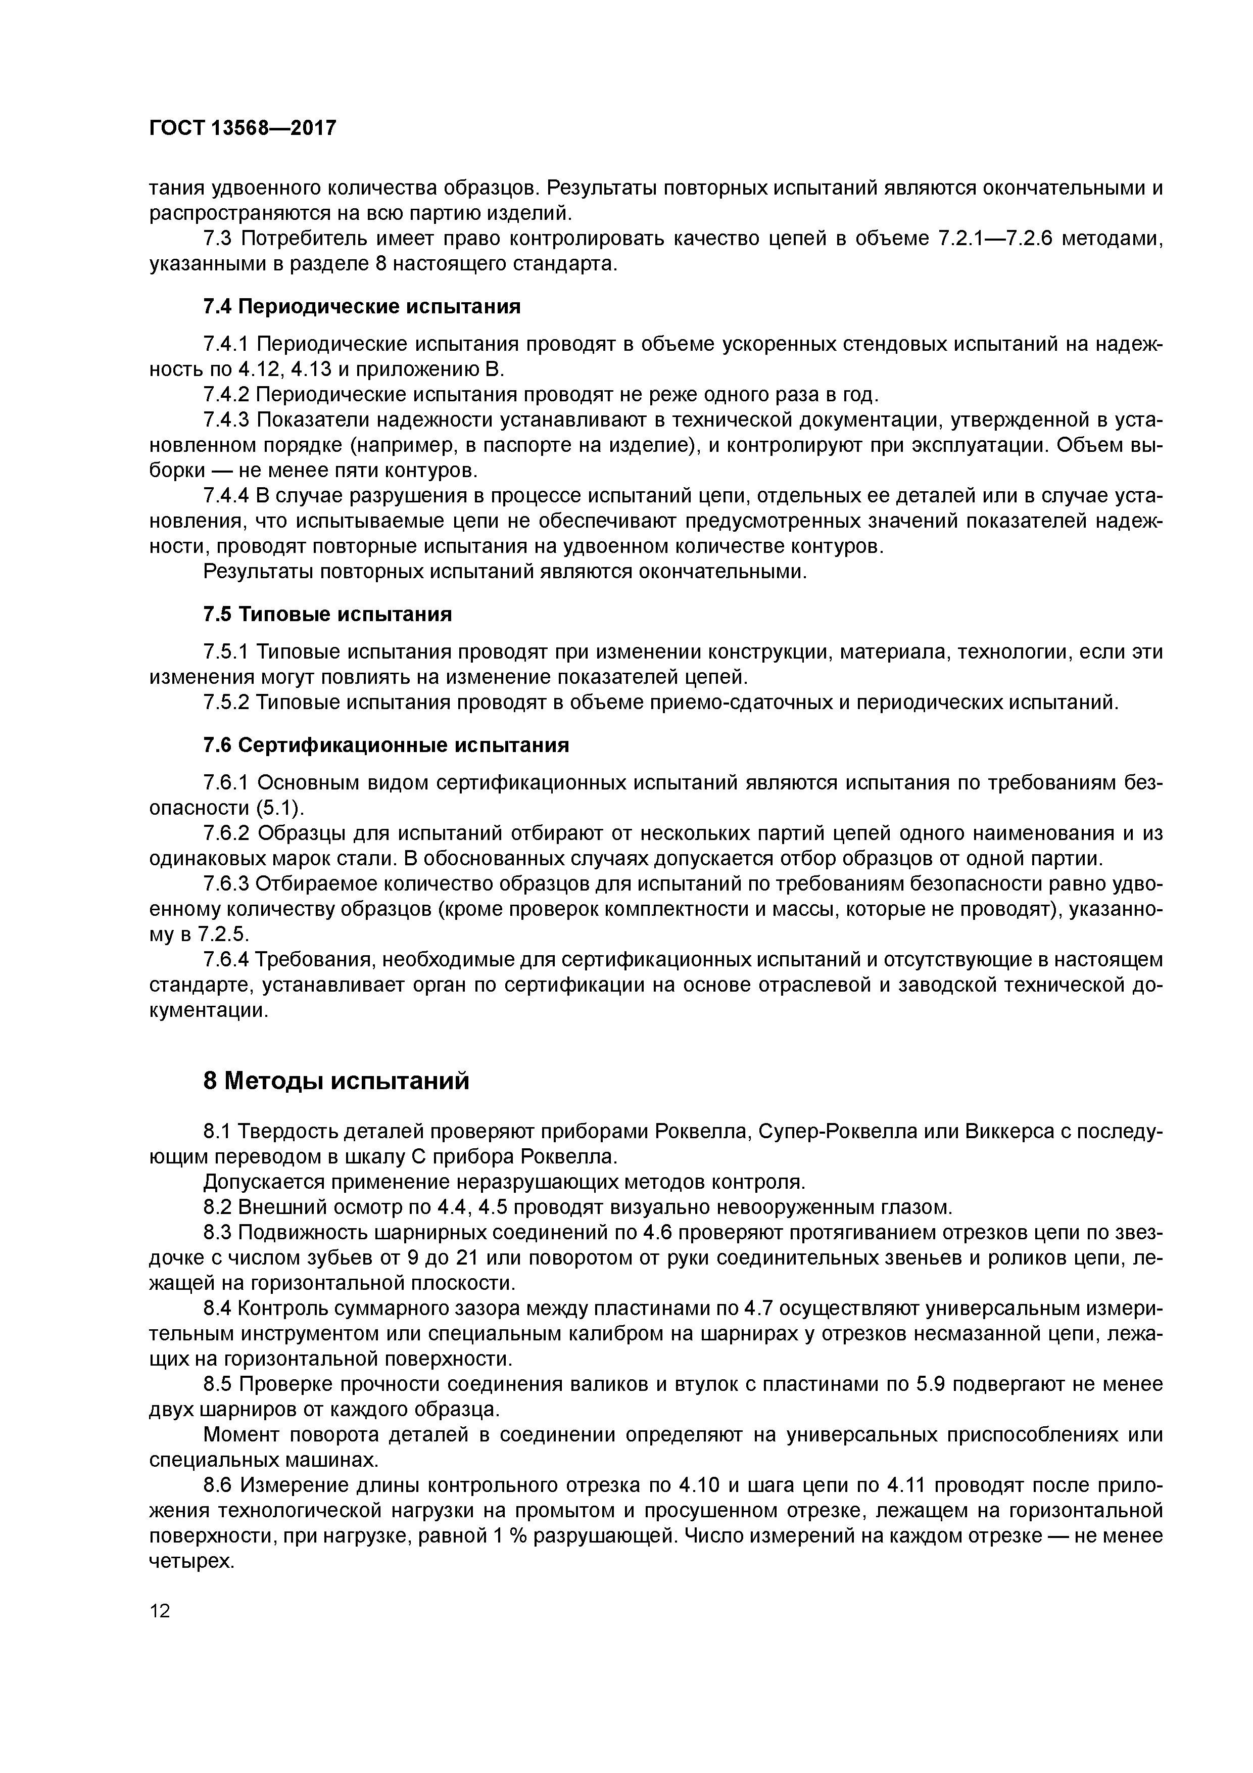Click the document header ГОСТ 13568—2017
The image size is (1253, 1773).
click(243, 127)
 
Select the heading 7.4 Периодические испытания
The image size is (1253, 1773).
click(361, 307)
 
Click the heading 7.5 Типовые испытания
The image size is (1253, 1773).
click(327, 614)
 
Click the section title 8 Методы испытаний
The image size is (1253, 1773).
click(336, 1081)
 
